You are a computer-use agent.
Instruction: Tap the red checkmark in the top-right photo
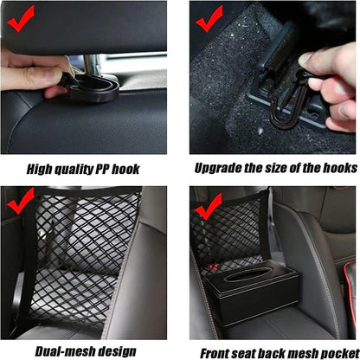click(x=210, y=15)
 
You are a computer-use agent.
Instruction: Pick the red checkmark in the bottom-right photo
click(x=209, y=210)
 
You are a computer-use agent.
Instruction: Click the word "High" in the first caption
click(x=41, y=168)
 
